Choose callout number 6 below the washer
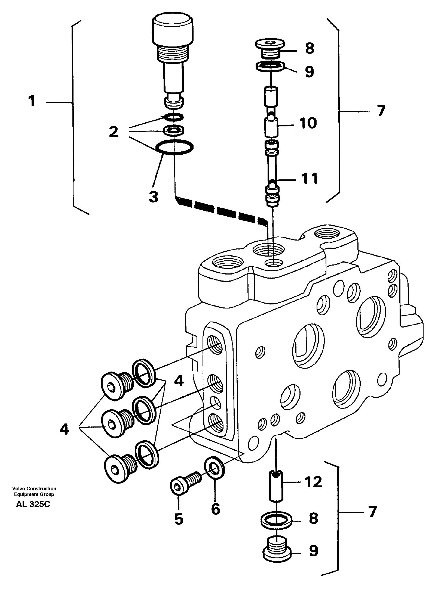tap(215, 509)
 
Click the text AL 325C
tap(33, 504)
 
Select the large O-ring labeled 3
tap(174, 148)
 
